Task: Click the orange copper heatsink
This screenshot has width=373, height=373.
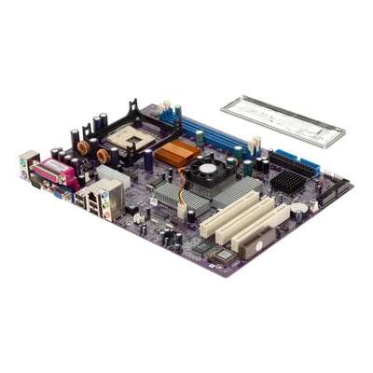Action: tap(174, 154)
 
